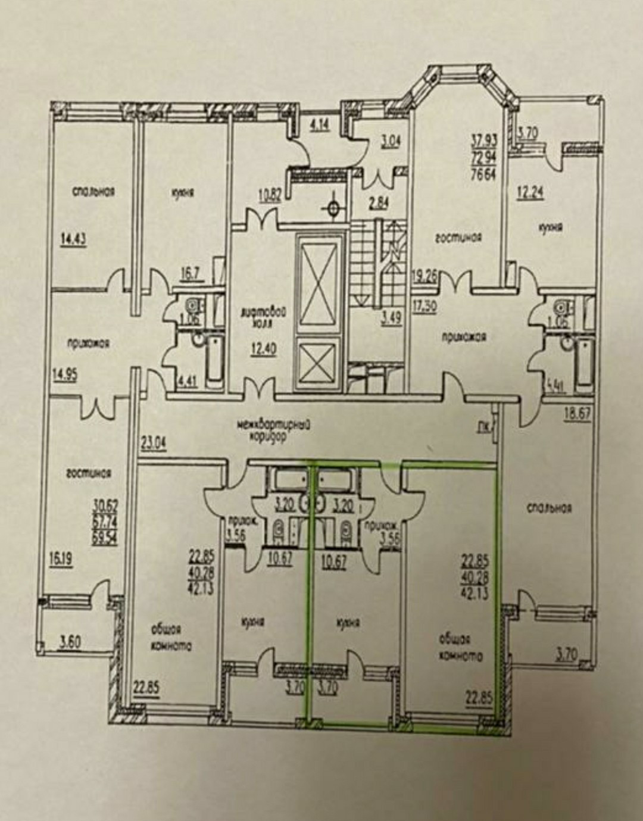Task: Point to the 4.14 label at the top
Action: tap(318, 126)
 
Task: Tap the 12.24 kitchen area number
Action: tap(527, 192)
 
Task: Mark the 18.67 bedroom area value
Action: tap(578, 414)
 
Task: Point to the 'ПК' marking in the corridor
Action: tap(484, 426)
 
